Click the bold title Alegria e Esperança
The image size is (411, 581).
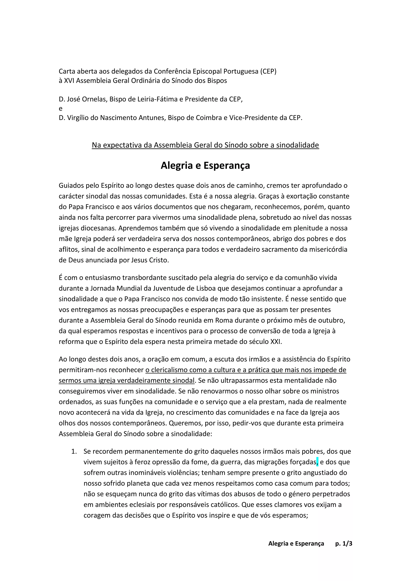pyautogui.click(x=205, y=166)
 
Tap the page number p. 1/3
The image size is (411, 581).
pyautogui.click(x=344, y=543)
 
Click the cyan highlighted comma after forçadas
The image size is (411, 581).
pyautogui.click(x=317, y=462)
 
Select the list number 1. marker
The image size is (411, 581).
pyautogui.click(x=74, y=451)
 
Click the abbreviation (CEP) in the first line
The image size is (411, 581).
pyautogui.click(x=268, y=71)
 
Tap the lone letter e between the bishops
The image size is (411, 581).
pyautogui.click(x=60, y=109)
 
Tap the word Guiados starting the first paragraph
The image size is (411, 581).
pyautogui.click(x=71, y=186)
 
